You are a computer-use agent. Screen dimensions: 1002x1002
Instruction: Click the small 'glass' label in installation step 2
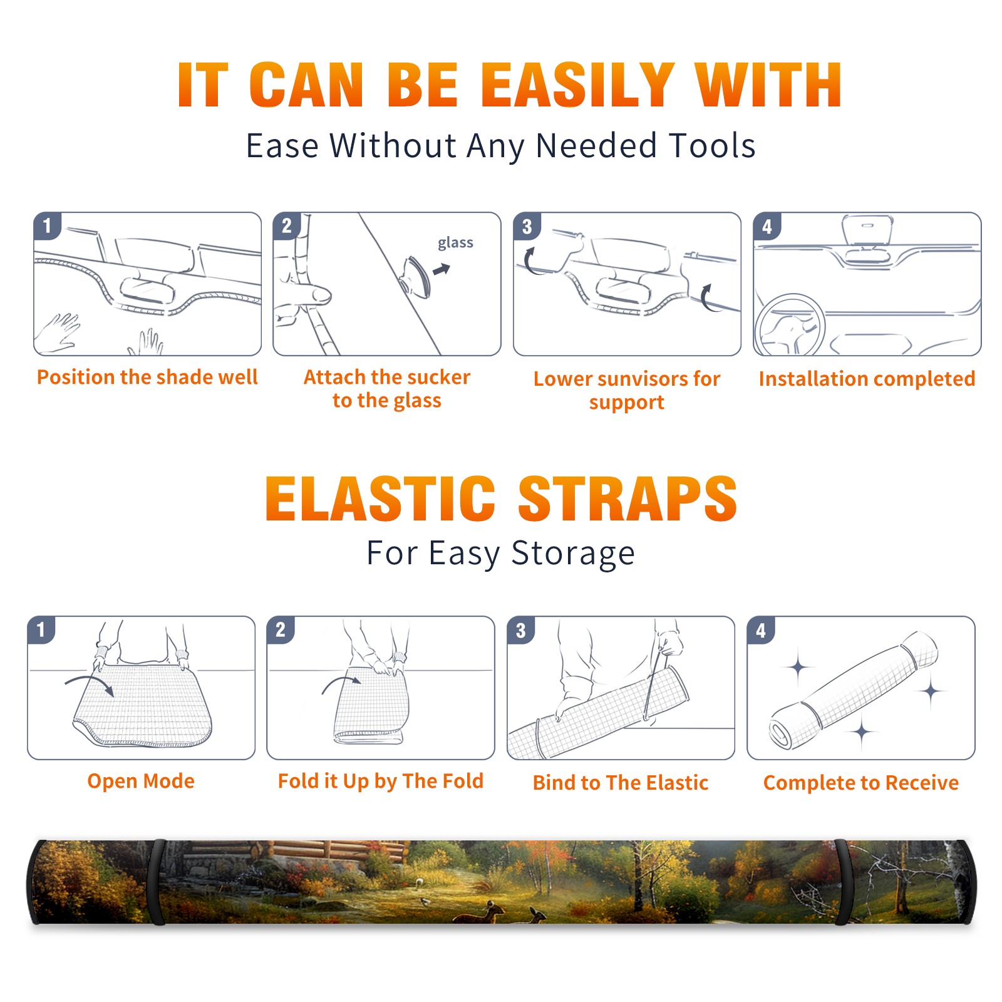coord(455,243)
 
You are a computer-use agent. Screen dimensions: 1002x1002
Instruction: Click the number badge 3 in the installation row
coord(527,226)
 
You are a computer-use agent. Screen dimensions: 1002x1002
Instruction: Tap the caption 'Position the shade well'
coord(147,377)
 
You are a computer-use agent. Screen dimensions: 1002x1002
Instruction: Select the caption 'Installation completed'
coord(867,379)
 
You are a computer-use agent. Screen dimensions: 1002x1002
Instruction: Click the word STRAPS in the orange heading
coord(628,498)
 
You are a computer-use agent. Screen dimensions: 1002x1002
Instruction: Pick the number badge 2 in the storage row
coord(281,629)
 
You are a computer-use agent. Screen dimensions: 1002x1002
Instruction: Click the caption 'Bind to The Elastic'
coord(620,783)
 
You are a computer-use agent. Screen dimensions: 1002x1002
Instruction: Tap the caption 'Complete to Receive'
coord(860,783)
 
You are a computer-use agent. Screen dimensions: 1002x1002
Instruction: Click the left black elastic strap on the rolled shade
coord(158,882)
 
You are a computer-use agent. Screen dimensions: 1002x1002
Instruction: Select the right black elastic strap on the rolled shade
coord(843,882)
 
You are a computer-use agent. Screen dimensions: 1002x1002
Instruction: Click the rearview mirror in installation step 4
coord(867,230)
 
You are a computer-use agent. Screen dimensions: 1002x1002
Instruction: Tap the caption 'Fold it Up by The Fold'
coord(381,782)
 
